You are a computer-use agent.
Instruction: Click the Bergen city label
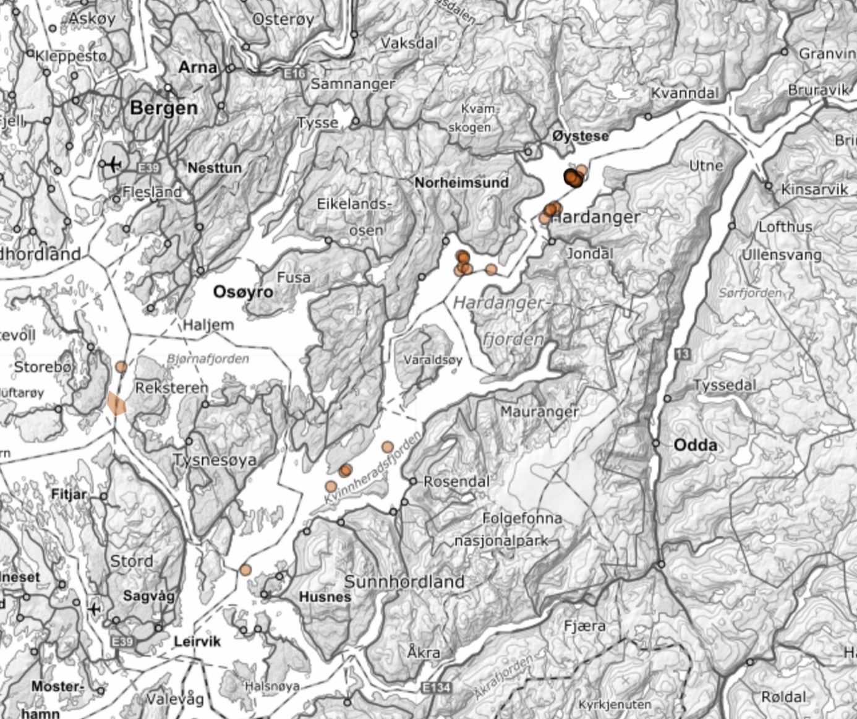coord(164,108)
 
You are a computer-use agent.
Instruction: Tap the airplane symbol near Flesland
coord(113,165)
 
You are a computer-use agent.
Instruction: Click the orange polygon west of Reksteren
coord(116,403)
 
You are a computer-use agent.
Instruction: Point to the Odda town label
coord(695,445)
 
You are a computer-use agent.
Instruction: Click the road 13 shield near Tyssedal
coord(682,354)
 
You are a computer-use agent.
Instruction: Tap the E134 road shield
coord(435,687)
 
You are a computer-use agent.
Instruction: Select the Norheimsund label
coord(461,183)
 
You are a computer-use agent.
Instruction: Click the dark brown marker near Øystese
coord(572,178)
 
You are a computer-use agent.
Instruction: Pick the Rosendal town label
coord(456,481)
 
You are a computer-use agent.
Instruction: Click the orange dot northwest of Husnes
coord(245,570)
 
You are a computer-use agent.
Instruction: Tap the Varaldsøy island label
coord(433,359)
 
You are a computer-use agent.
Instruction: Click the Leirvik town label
coord(197,641)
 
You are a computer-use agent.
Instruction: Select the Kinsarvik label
coord(814,189)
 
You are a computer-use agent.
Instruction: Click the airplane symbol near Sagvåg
coord(94,609)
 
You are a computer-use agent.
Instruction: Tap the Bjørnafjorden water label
coord(208,359)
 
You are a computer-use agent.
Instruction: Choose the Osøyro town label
coord(243,292)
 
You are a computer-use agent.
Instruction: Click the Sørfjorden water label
coord(750,293)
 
